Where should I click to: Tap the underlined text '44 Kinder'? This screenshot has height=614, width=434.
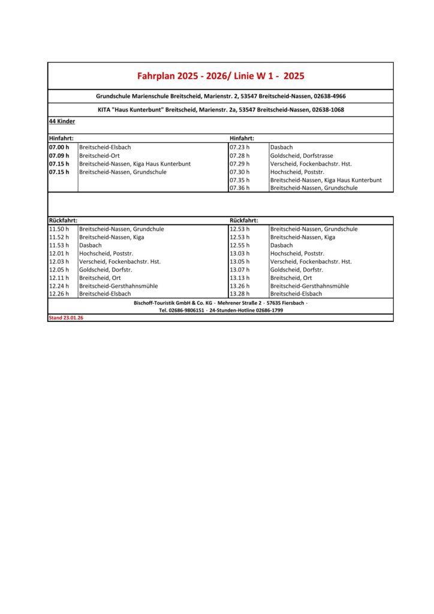(62, 121)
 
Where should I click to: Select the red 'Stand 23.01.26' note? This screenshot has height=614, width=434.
(65, 318)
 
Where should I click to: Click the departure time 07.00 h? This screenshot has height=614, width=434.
(59, 147)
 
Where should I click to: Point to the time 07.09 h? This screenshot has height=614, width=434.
(59, 155)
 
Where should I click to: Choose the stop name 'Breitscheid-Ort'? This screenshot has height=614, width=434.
(100, 155)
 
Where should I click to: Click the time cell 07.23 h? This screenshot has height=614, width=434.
(239, 147)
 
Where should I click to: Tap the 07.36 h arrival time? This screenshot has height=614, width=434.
(239, 188)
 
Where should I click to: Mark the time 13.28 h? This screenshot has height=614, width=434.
(239, 294)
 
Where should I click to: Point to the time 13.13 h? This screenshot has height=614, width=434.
(239, 278)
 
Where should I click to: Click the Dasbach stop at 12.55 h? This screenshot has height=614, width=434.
(282, 245)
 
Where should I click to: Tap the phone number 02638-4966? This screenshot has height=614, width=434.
(329, 96)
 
